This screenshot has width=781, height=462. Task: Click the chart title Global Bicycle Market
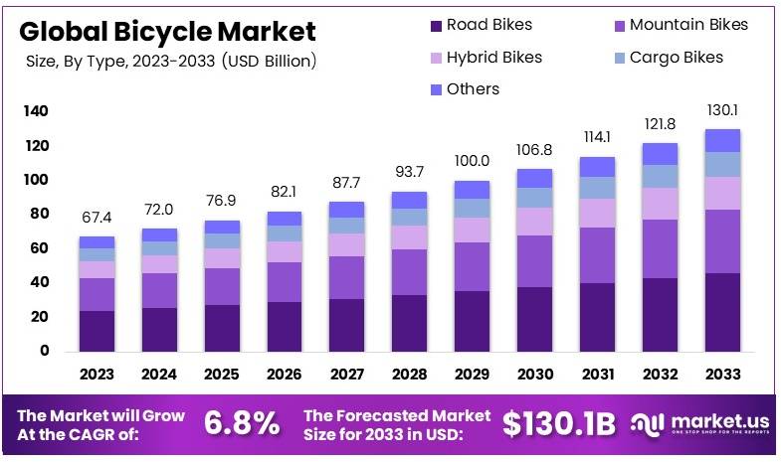[166, 31]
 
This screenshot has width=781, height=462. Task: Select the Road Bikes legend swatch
[436, 25]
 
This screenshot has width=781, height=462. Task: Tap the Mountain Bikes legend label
[688, 25]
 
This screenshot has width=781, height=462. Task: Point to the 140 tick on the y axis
[36, 112]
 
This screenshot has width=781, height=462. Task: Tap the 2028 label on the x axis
[410, 375]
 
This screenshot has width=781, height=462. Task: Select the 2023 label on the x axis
[98, 375]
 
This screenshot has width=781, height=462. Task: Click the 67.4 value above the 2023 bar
[98, 218]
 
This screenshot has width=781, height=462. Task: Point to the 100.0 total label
[472, 161]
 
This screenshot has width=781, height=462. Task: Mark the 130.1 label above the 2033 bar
[722, 109]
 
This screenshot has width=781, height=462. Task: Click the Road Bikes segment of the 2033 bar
[722, 312]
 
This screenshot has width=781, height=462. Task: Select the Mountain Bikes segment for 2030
[534, 261]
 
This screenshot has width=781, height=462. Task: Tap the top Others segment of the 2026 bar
[285, 219]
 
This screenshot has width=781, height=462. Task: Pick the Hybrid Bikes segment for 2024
[159, 263]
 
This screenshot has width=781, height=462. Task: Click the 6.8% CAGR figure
[242, 423]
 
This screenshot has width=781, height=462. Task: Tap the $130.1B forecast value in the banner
[560, 423]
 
